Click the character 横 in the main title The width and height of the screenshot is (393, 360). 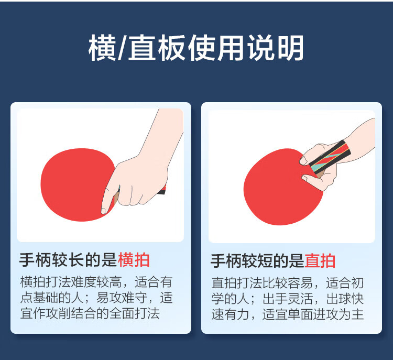pos(102,48)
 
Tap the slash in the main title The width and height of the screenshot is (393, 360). pos(122,48)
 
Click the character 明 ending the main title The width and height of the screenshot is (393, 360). pos(291,48)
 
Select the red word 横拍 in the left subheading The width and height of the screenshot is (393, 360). pos(134,260)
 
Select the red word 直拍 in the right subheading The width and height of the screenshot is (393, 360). pos(320,261)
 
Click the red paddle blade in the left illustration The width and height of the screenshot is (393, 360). pos(75,185)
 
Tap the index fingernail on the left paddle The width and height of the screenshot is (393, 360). pos(103,211)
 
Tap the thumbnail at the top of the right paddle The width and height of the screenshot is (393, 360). pos(303,160)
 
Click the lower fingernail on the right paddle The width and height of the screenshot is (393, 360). pos(304,178)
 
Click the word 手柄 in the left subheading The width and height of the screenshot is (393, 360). pos(35,260)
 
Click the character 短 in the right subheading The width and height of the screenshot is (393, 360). pos(265,261)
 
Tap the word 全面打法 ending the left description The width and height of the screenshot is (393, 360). pos(134,313)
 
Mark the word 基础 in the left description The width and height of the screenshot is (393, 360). pos(46,298)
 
